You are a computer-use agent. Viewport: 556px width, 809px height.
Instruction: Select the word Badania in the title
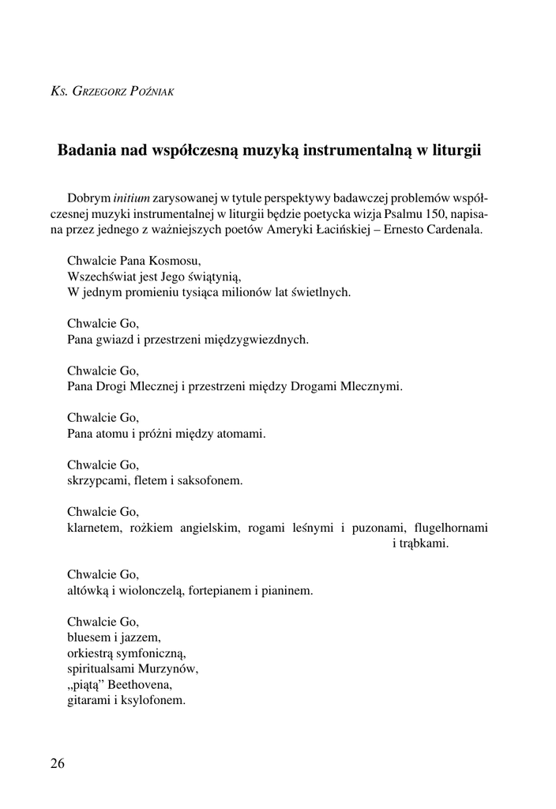pos(87,150)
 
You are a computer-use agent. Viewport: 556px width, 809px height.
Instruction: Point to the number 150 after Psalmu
pos(431,214)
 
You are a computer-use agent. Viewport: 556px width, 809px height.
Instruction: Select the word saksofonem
pos(212,480)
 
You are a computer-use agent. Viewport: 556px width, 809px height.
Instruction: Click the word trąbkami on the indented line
pos(420,544)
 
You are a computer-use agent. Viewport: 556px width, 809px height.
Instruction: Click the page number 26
pos(58,763)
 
